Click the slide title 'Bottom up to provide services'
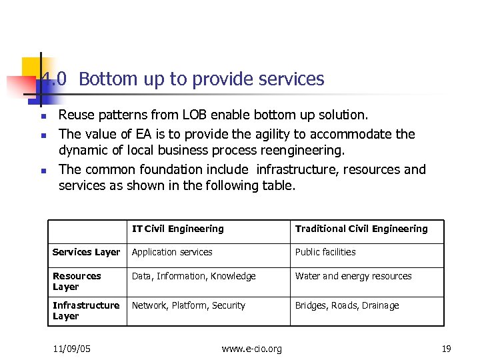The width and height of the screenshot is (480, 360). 201,79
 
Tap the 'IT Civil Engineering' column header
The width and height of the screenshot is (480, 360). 177,229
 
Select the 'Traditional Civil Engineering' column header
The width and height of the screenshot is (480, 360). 361,229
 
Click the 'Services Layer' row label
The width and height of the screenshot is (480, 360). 86,252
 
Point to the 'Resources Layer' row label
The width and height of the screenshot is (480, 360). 77,281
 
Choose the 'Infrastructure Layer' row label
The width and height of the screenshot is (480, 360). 86,311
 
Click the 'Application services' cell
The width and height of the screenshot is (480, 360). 172,252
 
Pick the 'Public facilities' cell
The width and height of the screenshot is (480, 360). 325,252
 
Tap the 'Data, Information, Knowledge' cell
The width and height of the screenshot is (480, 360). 193,276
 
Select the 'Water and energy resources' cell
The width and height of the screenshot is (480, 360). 353,276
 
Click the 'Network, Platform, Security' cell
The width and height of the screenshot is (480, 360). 189,305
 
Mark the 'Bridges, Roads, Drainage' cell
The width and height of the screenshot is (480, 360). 347,305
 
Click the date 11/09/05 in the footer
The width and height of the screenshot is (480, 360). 72,349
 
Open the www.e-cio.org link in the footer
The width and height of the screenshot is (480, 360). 251,349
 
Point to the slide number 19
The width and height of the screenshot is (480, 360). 446,349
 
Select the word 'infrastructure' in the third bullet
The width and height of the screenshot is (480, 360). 297,169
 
